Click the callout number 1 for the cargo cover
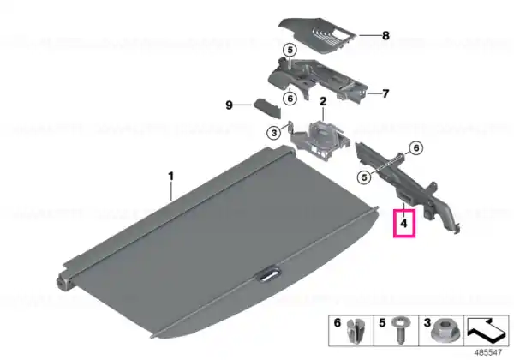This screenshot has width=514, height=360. (x=170, y=177)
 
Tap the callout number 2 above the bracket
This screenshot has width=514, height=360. (x=323, y=101)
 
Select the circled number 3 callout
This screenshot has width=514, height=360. (x=274, y=133)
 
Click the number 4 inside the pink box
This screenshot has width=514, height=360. (x=403, y=224)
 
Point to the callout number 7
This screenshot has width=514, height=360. (x=385, y=93)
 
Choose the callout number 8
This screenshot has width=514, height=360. (x=385, y=35)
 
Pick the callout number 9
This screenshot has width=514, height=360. (x=229, y=105)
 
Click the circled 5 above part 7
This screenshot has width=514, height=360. (x=290, y=51)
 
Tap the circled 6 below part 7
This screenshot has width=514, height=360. (x=290, y=98)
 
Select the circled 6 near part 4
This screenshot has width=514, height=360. (x=416, y=148)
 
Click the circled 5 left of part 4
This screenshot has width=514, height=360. (x=364, y=177)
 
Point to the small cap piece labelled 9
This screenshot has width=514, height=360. (x=267, y=109)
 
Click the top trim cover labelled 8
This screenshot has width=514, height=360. (x=317, y=35)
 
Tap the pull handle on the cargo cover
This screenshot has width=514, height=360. (x=270, y=275)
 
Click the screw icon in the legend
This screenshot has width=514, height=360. (x=399, y=330)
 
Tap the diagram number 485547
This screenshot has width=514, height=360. (x=488, y=352)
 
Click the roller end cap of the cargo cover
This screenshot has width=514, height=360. (x=64, y=282)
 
